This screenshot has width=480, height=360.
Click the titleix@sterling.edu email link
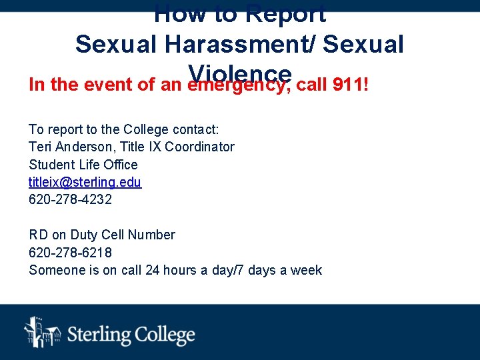coord(85,182)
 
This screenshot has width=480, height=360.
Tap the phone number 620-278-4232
coord(70,199)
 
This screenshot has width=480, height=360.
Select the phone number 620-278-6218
coord(70,253)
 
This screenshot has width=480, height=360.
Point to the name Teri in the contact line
coord(41,147)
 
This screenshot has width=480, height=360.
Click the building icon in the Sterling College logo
coord(42,332)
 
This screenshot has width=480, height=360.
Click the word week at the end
coord(307,270)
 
